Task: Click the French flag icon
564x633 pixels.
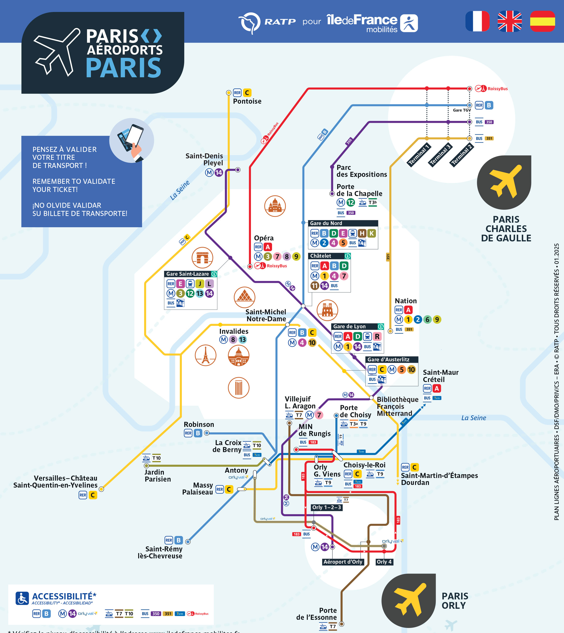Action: pyautogui.click(x=477, y=21)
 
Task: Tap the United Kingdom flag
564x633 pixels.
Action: pyautogui.click(x=510, y=21)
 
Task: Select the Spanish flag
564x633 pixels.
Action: pyautogui.click(x=542, y=21)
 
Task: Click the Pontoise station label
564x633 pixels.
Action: pyautogui.click(x=247, y=101)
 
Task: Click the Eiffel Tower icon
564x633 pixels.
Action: pyautogui.click(x=205, y=355)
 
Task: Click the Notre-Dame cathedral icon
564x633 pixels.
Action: pyautogui.click(x=327, y=310)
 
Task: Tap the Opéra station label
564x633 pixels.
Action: pyautogui.click(x=264, y=238)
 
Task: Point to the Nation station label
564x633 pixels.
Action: pyautogui.click(x=406, y=301)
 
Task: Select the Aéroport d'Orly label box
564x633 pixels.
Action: pyautogui.click(x=343, y=562)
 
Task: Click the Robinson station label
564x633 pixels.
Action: pyautogui.click(x=199, y=424)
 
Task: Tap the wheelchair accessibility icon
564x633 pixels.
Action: pyautogui.click(x=22, y=598)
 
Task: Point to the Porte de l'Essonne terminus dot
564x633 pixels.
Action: pyautogui.click(x=342, y=624)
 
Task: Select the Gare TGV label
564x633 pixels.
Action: pyautogui.click(x=462, y=110)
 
